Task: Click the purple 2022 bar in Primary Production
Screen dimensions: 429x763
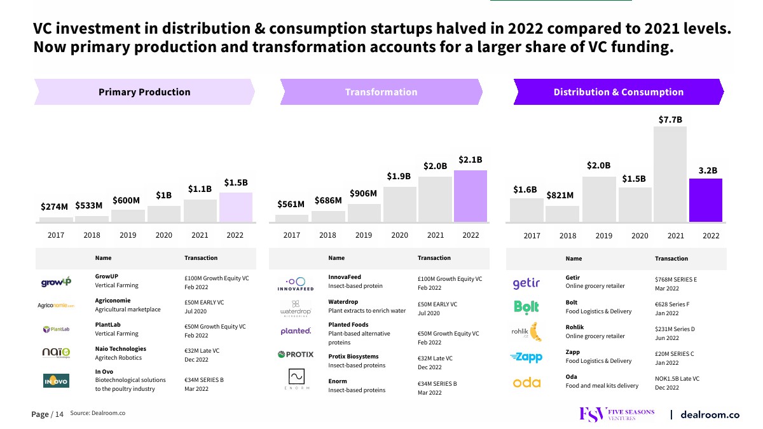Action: click(235, 207)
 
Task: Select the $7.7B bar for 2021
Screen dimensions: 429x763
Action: click(670, 174)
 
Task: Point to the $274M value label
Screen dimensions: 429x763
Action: click(54, 207)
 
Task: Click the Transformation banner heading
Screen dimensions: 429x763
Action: click(381, 92)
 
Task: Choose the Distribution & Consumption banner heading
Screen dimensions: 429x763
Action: click(618, 92)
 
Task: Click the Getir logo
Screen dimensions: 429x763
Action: click(526, 283)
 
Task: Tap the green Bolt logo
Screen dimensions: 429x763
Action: click(526, 307)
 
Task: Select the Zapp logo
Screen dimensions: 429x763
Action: click(526, 357)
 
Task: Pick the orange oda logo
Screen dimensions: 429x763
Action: click(526, 382)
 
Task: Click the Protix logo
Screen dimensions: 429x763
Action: click(296, 355)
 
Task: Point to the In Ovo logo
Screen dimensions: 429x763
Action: click(56, 381)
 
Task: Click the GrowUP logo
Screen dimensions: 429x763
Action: click(56, 282)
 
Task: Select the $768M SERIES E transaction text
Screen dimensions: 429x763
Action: click(676, 279)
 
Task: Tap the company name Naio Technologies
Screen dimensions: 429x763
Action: click(121, 349)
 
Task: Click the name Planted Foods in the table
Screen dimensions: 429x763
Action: click(348, 325)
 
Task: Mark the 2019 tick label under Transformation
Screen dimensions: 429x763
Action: click(364, 235)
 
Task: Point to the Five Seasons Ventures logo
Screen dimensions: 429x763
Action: click(617, 414)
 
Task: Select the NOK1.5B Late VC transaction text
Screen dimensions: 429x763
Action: click(677, 378)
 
